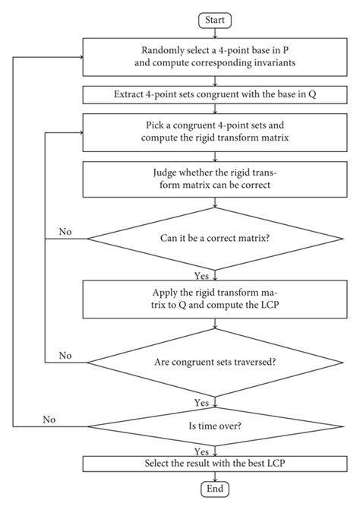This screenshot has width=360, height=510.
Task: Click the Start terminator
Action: pos(215,21)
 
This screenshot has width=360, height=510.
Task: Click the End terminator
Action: pos(215,489)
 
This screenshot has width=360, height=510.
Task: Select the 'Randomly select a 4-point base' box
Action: pos(215,57)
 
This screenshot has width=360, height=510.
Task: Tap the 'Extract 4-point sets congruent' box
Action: pos(215,95)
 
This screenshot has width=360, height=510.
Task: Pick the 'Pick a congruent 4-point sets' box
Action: pos(215,132)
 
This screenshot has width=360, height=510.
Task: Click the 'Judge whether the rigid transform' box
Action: pos(215,179)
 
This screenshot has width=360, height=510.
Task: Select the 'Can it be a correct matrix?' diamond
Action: pos(215,239)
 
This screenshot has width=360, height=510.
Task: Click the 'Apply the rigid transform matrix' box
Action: pos(215,299)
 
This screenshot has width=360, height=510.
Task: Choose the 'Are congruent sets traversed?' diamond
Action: pos(215,363)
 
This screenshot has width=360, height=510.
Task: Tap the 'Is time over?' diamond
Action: pos(215,426)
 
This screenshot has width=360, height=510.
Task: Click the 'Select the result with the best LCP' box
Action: pos(215,464)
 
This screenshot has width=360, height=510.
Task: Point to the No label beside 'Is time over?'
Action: pos(49,420)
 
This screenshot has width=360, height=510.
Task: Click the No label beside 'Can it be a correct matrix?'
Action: pos(65,232)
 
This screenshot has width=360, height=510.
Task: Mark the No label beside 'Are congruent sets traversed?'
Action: pos(65,356)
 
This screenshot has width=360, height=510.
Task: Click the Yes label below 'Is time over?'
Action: pos(201,451)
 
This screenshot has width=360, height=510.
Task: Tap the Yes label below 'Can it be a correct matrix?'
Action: pos(201,276)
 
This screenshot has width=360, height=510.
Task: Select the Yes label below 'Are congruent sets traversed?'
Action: pos(201,403)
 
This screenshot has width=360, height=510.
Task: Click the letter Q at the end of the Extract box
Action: pos(312,94)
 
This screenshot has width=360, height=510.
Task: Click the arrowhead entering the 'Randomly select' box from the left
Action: pos(81,57)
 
